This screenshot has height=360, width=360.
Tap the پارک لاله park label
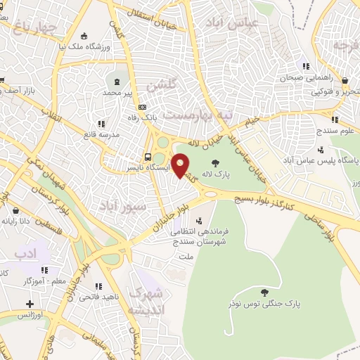pyautogui.click(x=212, y=172)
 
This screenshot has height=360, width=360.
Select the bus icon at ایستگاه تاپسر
pyautogui.click(x=148, y=157)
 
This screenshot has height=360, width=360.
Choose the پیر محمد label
pyautogui.click(x=117, y=92)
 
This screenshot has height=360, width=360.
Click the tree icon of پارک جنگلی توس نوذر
pyautogui.click(x=264, y=292)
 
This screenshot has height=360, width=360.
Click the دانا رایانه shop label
pyautogui.click(x=37, y=221)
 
